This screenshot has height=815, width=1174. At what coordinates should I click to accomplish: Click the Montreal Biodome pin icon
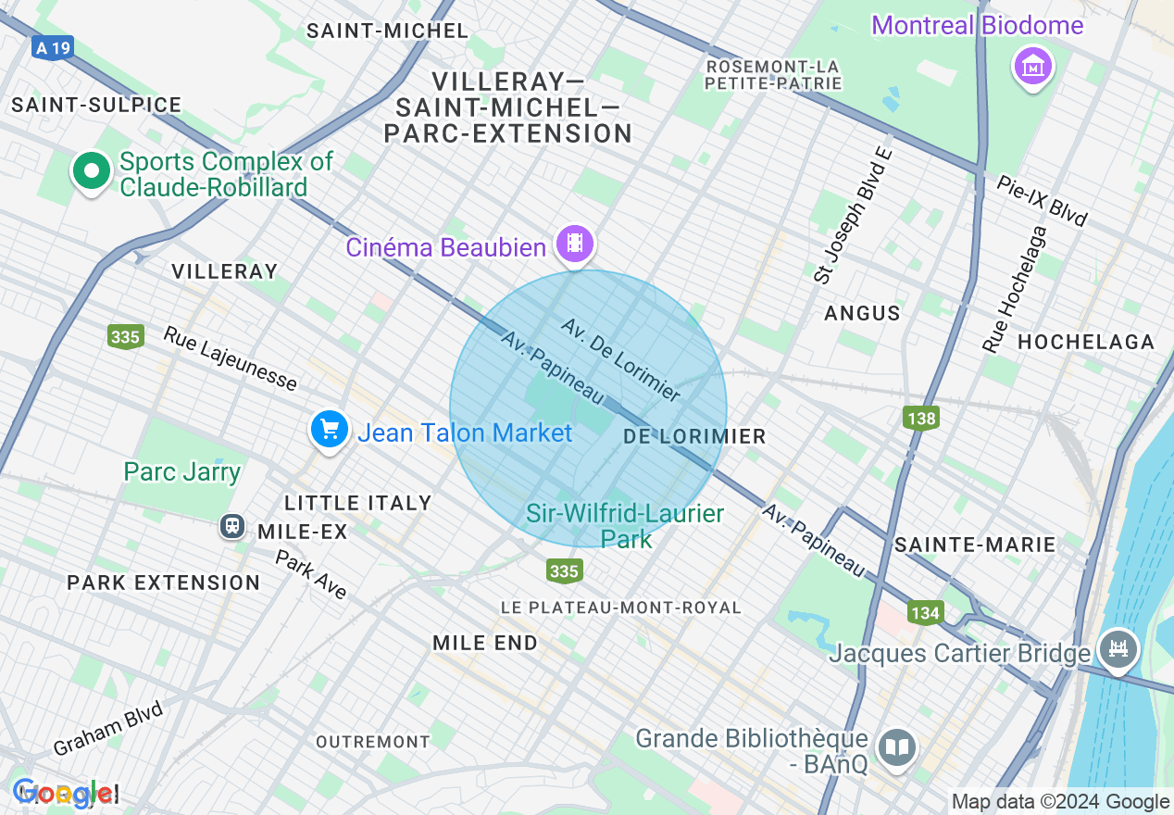point(1032,67)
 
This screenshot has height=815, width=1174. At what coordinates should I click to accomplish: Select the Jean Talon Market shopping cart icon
point(329,430)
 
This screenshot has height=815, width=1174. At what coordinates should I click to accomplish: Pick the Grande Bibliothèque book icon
point(895,748)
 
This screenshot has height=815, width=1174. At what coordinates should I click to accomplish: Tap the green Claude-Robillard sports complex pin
point(91,170)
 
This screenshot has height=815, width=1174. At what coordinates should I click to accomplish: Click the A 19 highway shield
point(52,48)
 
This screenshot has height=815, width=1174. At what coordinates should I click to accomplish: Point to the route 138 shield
point(921,419)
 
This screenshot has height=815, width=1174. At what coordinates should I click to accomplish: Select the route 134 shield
point(924,612)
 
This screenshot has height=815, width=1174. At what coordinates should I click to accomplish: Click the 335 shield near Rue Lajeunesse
point(125,336)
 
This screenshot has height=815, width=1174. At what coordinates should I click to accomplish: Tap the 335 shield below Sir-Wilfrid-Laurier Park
point(564,570)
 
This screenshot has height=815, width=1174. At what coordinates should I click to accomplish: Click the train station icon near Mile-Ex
point(232,526)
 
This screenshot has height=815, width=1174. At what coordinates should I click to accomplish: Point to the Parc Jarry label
point(182,471)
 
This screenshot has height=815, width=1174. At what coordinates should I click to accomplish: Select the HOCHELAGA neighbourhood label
point(1086,343)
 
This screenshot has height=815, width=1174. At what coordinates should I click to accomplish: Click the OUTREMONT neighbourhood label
point(373,742)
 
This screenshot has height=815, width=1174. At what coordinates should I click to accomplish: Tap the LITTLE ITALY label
point(358,503)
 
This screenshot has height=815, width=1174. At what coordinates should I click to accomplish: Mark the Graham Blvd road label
point(107,729)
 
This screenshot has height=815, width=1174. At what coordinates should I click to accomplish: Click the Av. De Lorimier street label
point(621,360)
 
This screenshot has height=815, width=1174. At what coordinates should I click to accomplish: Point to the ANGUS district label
point(862,313)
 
